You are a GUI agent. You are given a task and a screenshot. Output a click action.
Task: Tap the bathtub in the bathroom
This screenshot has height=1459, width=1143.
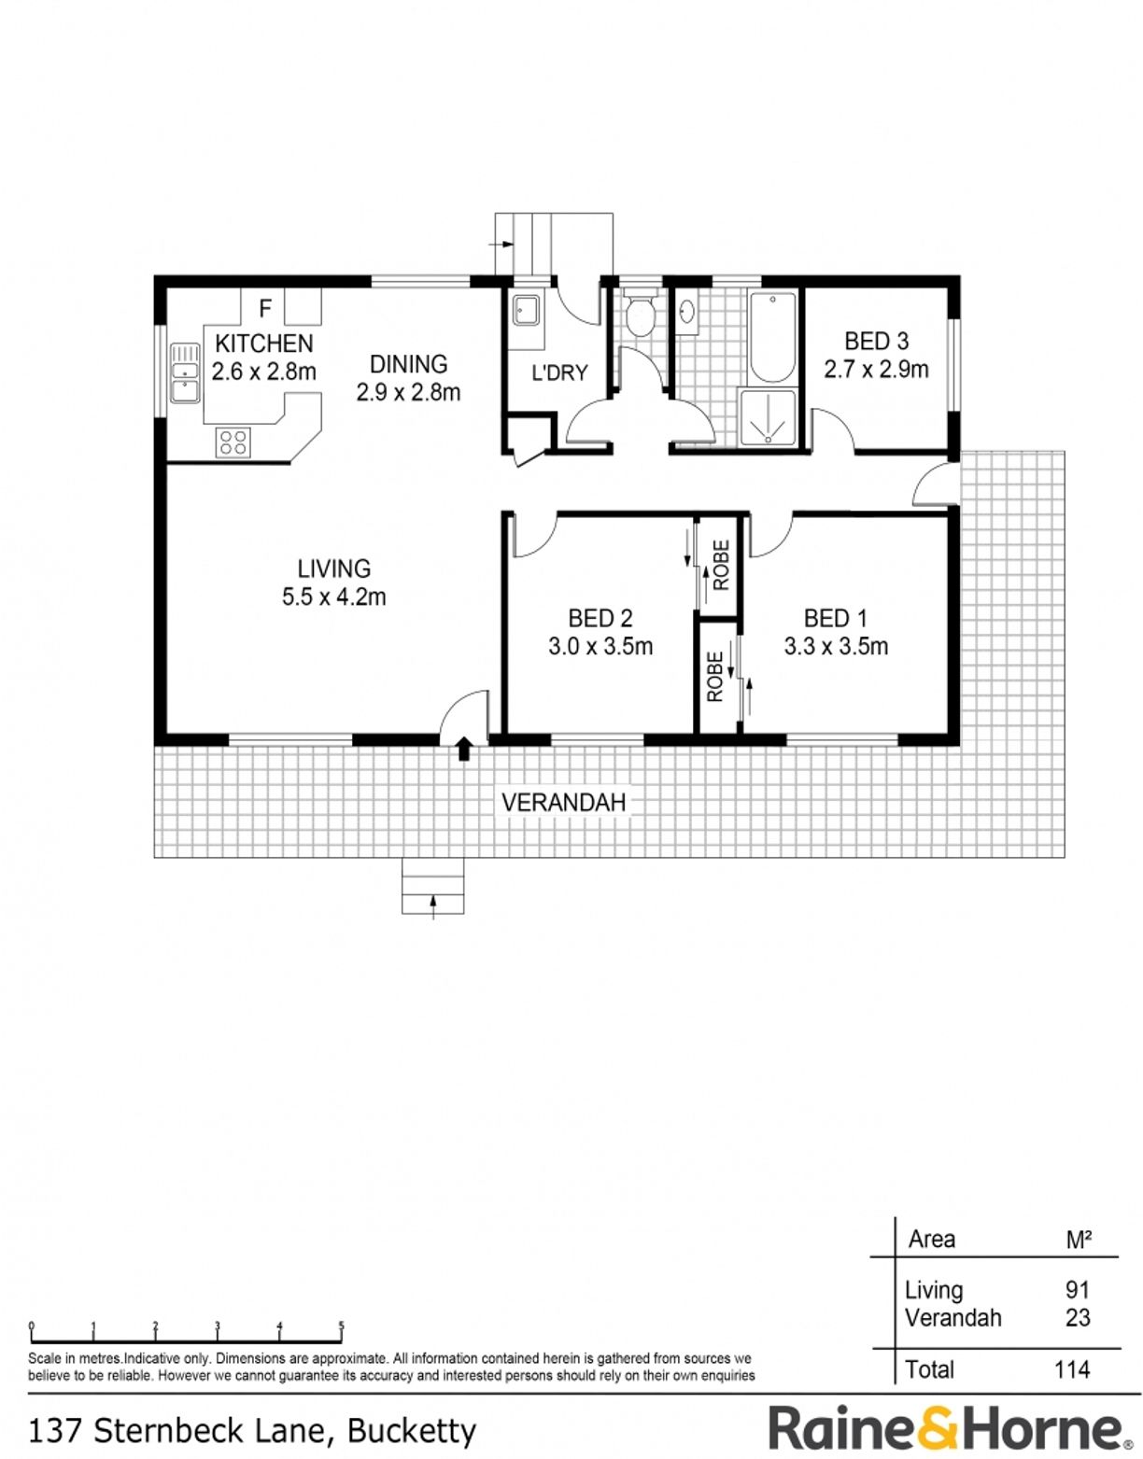(772, 338)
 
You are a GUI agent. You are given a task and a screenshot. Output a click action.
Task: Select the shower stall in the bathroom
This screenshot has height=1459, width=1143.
(767, 417)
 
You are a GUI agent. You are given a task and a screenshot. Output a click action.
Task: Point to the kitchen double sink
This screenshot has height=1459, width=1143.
(185, 373)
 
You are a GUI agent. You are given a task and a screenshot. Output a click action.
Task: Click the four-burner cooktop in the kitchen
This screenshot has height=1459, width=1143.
(233, 443)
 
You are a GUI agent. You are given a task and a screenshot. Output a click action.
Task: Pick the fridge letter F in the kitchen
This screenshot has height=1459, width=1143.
(265, 309)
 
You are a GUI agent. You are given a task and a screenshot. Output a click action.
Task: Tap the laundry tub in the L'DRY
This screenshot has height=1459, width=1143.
(526, 312)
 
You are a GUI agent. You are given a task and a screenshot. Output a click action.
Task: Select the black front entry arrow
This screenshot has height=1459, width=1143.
(463, 749)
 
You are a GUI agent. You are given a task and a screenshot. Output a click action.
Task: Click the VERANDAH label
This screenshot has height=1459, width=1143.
(564, 803)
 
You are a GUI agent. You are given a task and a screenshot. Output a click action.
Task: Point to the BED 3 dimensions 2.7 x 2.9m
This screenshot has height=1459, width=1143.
(876, 370)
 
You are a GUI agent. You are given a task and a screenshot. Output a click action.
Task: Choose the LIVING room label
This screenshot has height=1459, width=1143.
(333, 569)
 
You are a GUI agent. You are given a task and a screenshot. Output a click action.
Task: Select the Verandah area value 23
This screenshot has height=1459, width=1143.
(1078, 1317)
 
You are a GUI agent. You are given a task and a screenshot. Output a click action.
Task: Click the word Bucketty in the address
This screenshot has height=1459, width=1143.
(411, 1428)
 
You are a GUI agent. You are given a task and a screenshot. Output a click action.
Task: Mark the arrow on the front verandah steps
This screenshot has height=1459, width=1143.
(433, 907)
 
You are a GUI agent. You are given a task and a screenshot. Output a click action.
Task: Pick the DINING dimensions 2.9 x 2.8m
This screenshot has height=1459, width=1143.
(408, 392)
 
